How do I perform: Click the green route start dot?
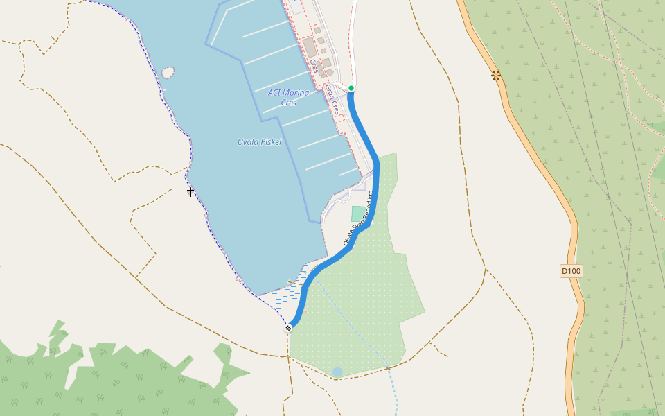351,88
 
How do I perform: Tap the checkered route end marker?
288,328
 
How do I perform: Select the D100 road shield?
570,271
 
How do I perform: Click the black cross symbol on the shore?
190,191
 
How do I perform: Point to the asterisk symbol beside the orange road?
496,75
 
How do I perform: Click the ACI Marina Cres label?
289,97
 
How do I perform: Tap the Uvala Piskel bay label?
259,142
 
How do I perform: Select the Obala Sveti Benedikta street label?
358,218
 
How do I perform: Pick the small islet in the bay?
168,71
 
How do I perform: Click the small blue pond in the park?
337,372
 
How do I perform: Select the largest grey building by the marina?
309,47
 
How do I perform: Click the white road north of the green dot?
354,42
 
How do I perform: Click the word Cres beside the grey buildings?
313,66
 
